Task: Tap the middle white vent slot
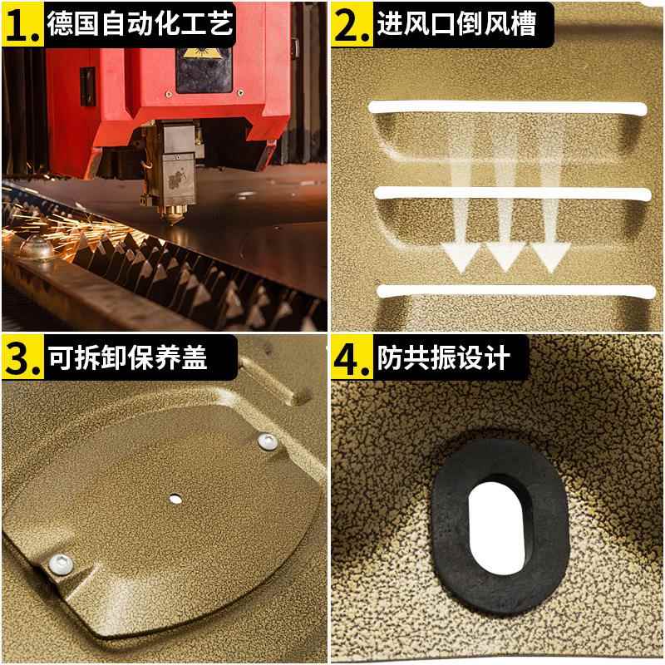pos(511,194)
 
